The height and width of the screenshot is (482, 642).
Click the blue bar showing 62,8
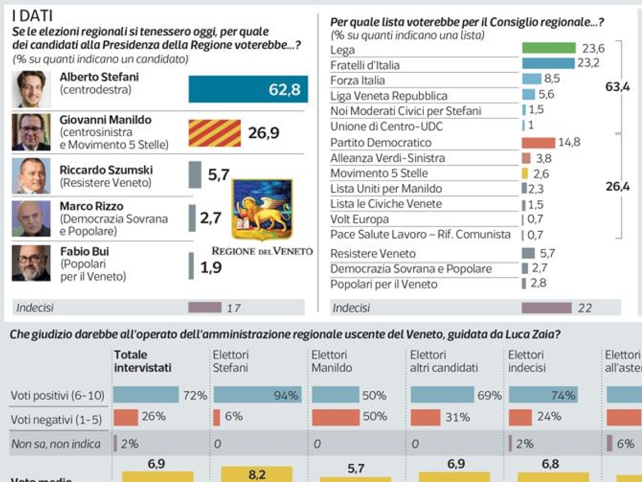coord(248,89)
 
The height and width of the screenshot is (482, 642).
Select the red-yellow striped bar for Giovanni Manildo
coord(215,133)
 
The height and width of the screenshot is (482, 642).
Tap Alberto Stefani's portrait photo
coord(31,89)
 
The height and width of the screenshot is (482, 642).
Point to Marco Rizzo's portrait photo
coord(31,219)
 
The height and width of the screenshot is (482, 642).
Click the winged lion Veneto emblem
coord(262,210)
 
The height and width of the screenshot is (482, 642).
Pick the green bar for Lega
coord(548,48)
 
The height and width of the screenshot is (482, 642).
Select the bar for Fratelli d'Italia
coord(548,64)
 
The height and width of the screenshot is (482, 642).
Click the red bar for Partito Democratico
coord(538,142)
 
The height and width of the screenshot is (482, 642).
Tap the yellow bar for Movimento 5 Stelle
coord(525,174)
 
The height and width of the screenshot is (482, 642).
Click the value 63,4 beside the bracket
coord(617,87)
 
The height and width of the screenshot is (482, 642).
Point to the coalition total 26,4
coord(617,187)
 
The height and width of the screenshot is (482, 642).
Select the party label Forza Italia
coord(357,80)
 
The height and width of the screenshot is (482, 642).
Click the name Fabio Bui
coord(85,251)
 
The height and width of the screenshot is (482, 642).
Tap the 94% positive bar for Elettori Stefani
coord(257,395)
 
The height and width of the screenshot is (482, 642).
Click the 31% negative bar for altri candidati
coord(425,417)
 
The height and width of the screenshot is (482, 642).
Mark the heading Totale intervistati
coord(142,361)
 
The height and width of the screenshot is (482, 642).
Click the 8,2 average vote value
coord(257,475)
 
